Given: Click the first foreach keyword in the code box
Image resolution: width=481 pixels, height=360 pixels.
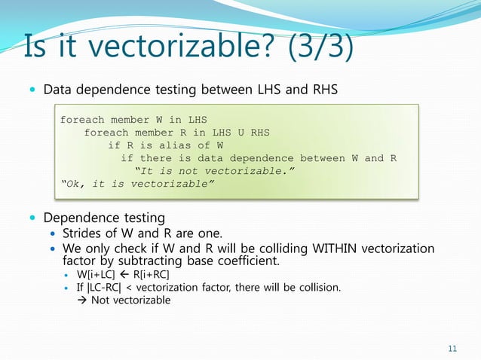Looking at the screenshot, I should (82, 120).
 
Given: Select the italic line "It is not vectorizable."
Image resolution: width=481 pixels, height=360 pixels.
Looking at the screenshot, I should (213, 170).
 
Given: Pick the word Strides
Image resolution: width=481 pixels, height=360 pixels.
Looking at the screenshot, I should (84, 233).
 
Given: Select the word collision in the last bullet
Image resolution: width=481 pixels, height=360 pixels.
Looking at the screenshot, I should (319, 288).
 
